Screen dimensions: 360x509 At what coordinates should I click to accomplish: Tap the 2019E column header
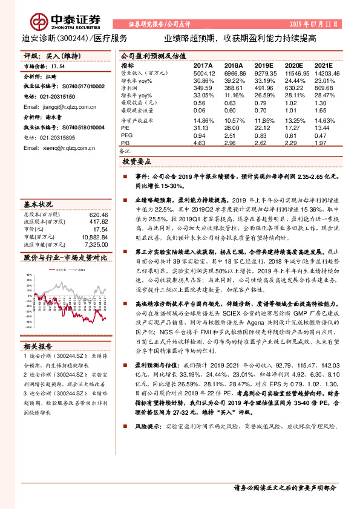pyautogui.click(x=264, y=66)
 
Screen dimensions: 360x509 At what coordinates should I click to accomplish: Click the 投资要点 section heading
pyautogui.click(x=136, y=163)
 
